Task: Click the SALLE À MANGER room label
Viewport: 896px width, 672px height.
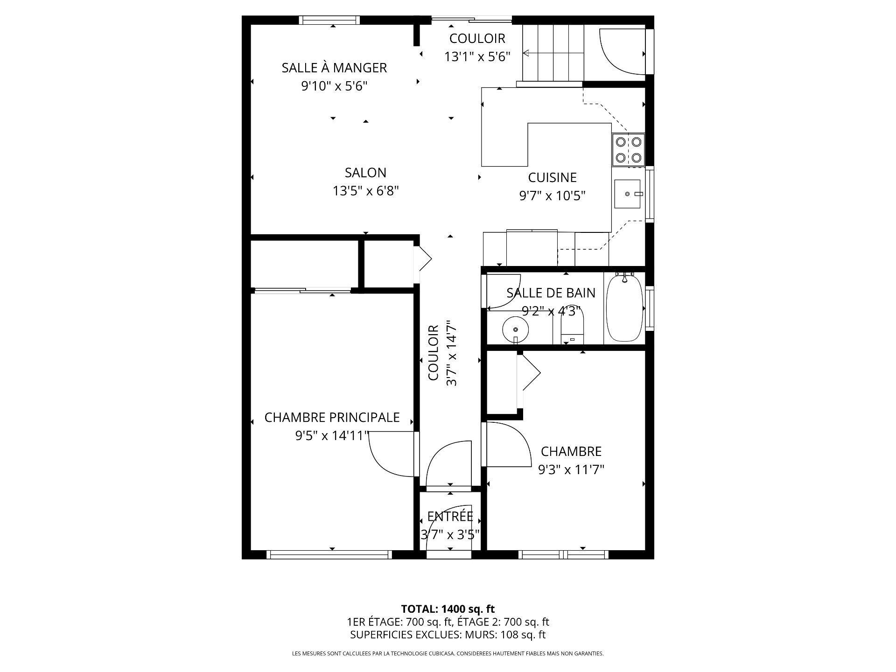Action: click(x=334, y=68)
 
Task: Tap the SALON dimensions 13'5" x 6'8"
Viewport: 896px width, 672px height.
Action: click(x=365, y=191)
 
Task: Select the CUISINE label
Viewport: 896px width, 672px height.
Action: click(x=552, y=177)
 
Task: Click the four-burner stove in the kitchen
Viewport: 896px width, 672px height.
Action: click(x=628, y=150)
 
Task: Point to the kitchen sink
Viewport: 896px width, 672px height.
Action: click(x=628, y=194)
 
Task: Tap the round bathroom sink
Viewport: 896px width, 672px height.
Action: click(x=516, y=330)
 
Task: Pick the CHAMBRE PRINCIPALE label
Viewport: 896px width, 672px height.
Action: click(x=332, y=417)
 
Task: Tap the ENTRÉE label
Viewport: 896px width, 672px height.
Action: click(x=450, y=517)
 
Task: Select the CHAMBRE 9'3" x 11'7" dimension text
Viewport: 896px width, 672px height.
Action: click(x=571, y=469)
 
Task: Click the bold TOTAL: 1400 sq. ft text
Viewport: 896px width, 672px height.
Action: click(x=448, y=609)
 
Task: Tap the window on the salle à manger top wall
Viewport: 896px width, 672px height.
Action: click(x=329, y=20)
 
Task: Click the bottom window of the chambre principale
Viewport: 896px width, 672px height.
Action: click(x=329, y=554)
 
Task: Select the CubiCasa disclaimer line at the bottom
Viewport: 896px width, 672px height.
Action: click(x=448, y=654)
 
